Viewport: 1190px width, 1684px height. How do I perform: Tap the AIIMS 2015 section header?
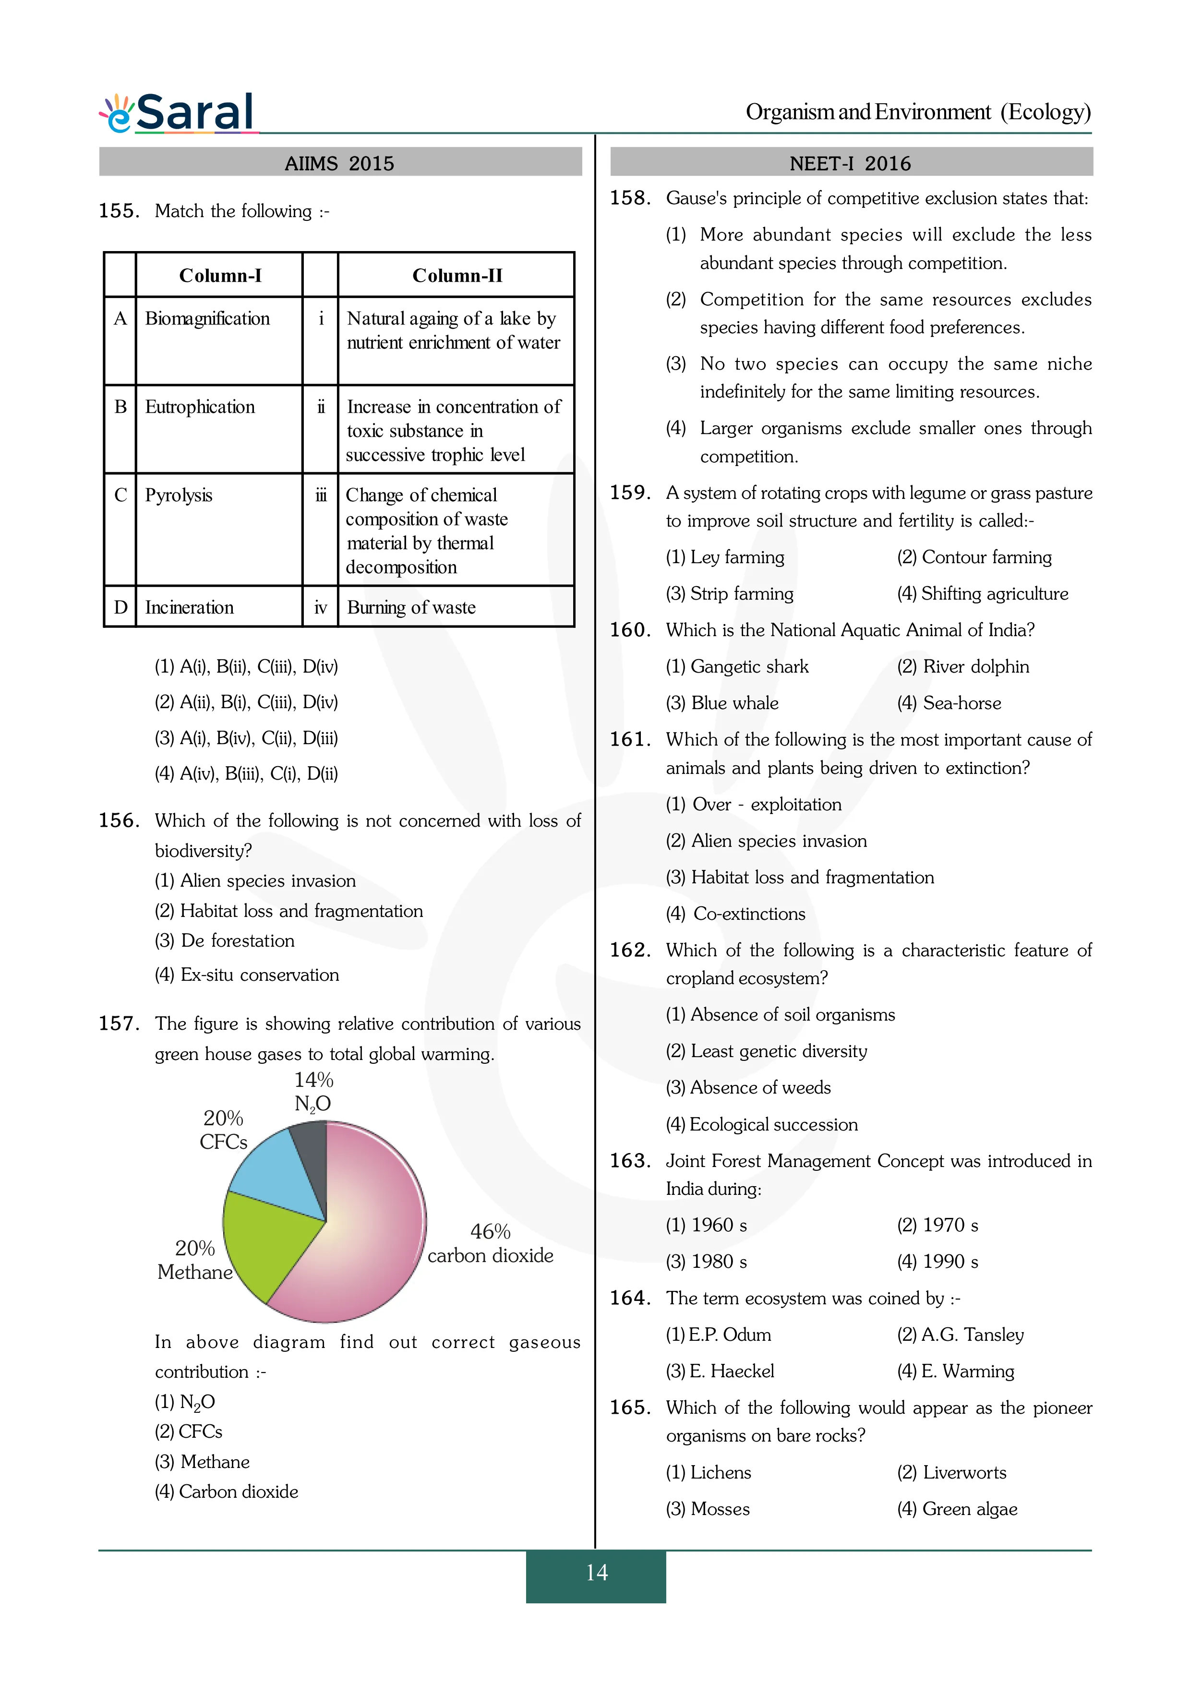339,163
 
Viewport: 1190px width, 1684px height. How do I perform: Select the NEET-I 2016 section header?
851,163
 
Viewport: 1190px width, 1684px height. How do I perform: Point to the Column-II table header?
457,276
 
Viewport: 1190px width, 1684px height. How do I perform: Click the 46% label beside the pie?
490,1231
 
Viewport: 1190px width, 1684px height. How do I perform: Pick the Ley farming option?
725,557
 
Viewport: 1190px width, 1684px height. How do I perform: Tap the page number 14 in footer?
596,1573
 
